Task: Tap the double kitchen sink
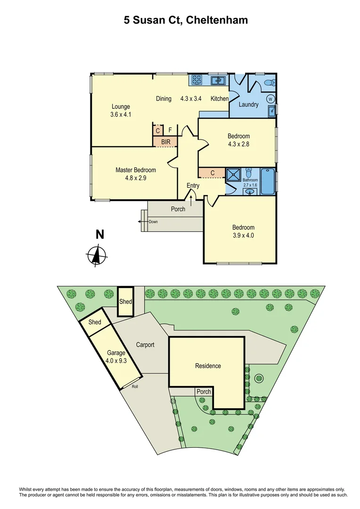(x=218, y=80)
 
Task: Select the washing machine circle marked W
(x=271, y=99)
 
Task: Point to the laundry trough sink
(x=272, y=111)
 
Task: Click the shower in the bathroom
(x=233, y=174)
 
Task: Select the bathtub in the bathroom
(x=267, y=181)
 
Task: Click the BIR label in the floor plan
(x=166, y=141)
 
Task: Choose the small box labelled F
(x=170, y=130)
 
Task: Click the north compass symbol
(x=98, y=255)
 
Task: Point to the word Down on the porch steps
(x=153, y=222)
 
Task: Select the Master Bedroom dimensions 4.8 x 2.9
(x=136, y=178)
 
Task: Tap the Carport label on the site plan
(x=145, y=345)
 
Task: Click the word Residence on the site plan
(x=208, y=366)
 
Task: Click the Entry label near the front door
(x=193, y=186)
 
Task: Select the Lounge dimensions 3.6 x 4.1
(x=121, y=115)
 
